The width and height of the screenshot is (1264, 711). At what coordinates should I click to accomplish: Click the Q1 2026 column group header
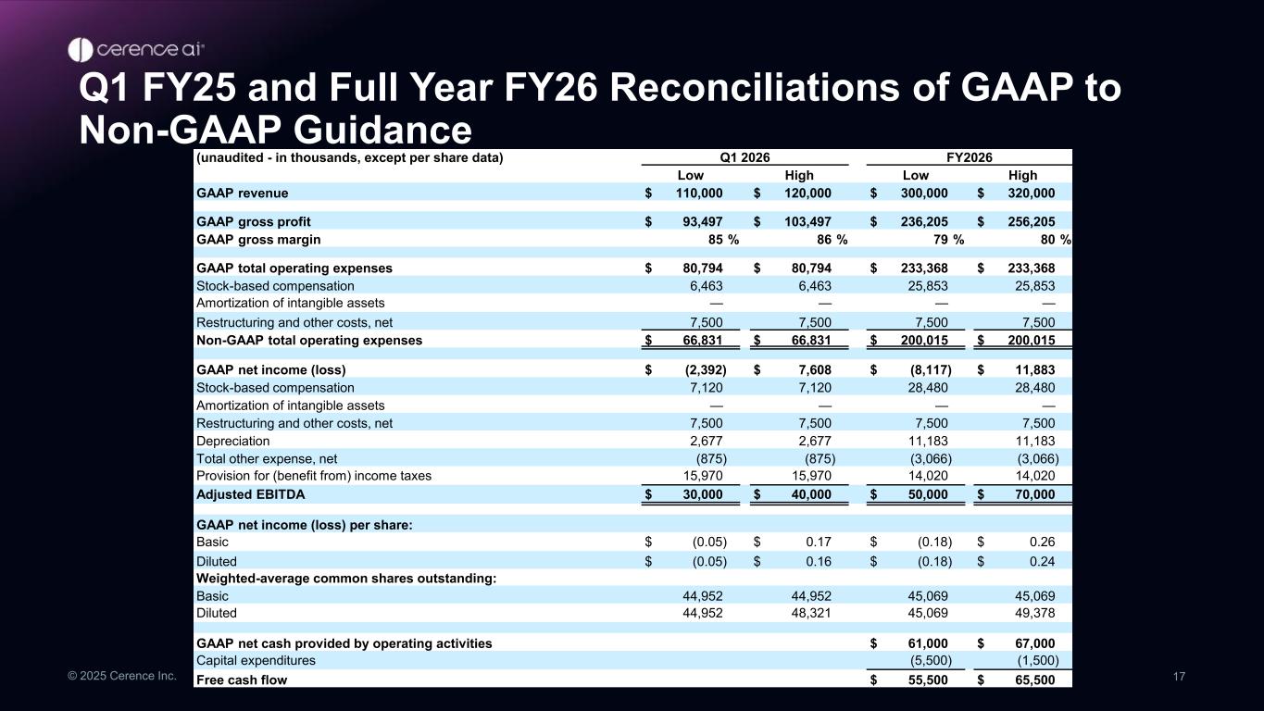click(x=745, y=157)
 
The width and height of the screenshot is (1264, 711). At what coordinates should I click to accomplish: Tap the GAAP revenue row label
click(x=243, y=193)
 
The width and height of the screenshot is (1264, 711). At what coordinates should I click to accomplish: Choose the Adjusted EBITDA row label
click(x=251, y=494)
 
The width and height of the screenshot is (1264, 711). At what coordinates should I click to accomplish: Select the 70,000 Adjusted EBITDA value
click(x=1030, y=494)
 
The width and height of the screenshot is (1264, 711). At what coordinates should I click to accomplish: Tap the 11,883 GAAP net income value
click(x=1033, y=369)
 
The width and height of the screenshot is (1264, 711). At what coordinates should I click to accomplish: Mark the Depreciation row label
click(x=233, y=442)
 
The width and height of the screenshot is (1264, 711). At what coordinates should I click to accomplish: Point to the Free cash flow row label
click(x=242, y=680)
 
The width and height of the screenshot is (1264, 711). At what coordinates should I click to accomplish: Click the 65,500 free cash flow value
click(x=1030, y=680)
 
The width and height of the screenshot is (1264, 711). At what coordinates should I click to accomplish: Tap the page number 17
click(x=1179, y=677)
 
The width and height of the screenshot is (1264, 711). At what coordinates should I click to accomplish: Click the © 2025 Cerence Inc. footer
click(x=121, y=677)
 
